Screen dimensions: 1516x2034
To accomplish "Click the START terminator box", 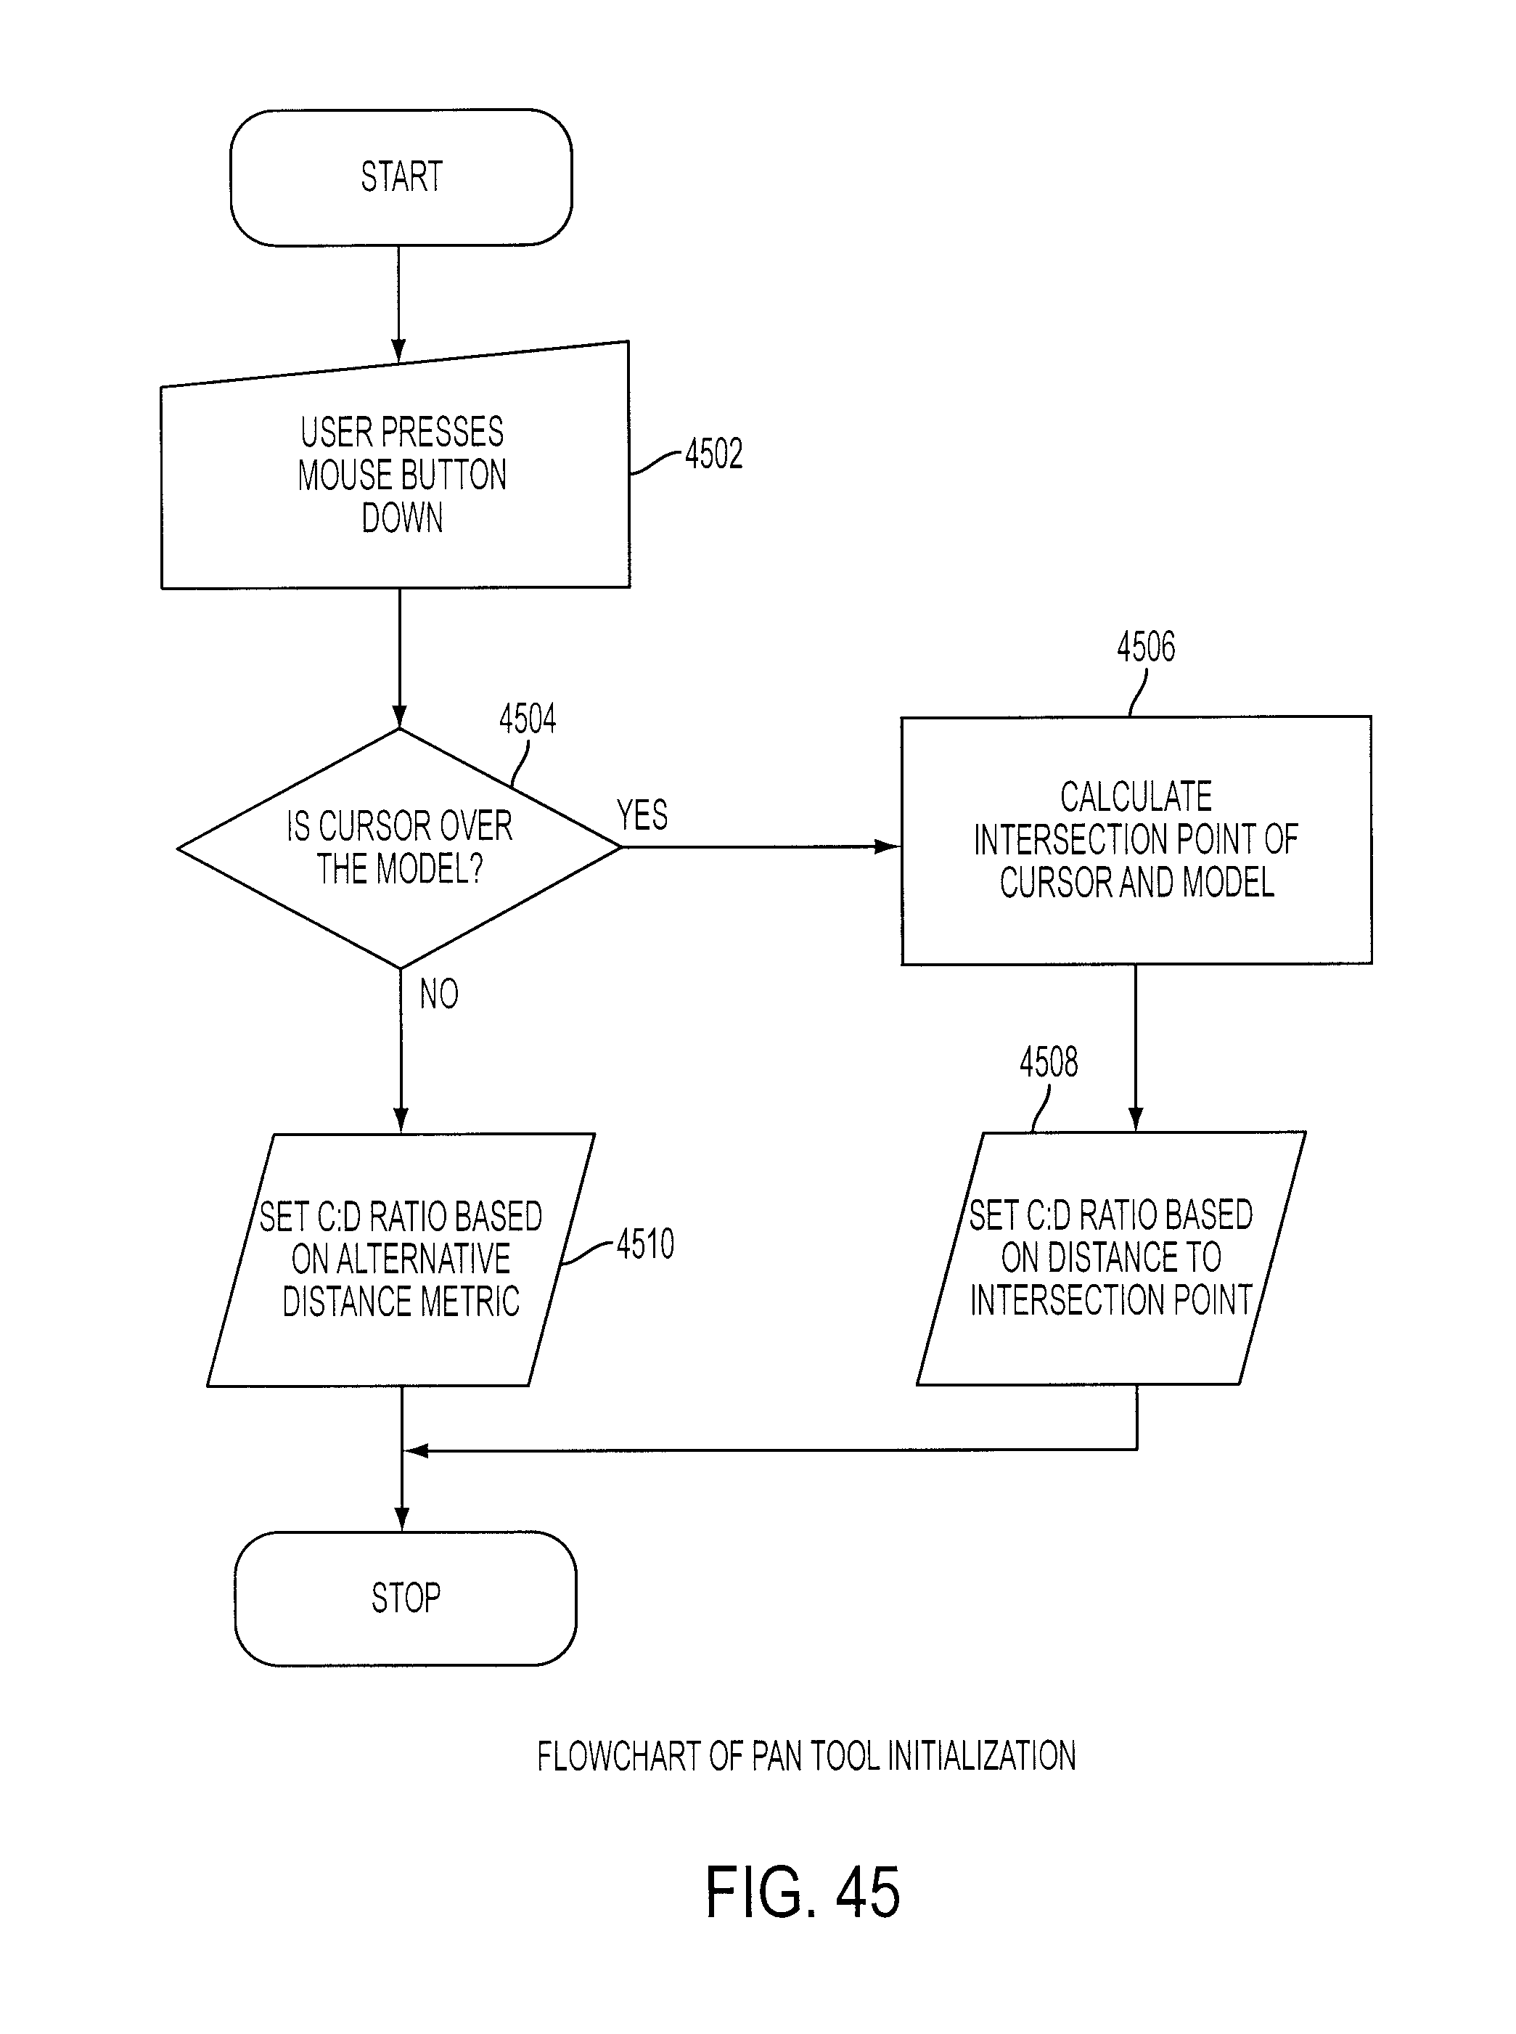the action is [401, 177].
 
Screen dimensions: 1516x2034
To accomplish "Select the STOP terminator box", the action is [406, 1598].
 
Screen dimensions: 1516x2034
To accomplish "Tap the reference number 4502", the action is [714, 454].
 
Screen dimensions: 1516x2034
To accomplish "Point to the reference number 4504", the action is [528, 718].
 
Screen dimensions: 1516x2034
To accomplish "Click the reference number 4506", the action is [1145, 646].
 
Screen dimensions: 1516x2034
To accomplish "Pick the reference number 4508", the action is [1049, 1062].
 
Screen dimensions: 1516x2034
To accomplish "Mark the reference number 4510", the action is [645, 1243].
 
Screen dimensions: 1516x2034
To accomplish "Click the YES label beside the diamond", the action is [642, 815].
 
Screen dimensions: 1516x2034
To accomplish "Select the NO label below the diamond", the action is [438, 993].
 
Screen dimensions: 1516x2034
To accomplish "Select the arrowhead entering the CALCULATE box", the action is [888, 846].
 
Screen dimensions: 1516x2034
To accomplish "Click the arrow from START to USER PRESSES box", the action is [398, 305].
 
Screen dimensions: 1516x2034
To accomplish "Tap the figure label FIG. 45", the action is [802, 1892].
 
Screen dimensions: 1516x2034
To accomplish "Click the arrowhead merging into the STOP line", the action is [417, 1450].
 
